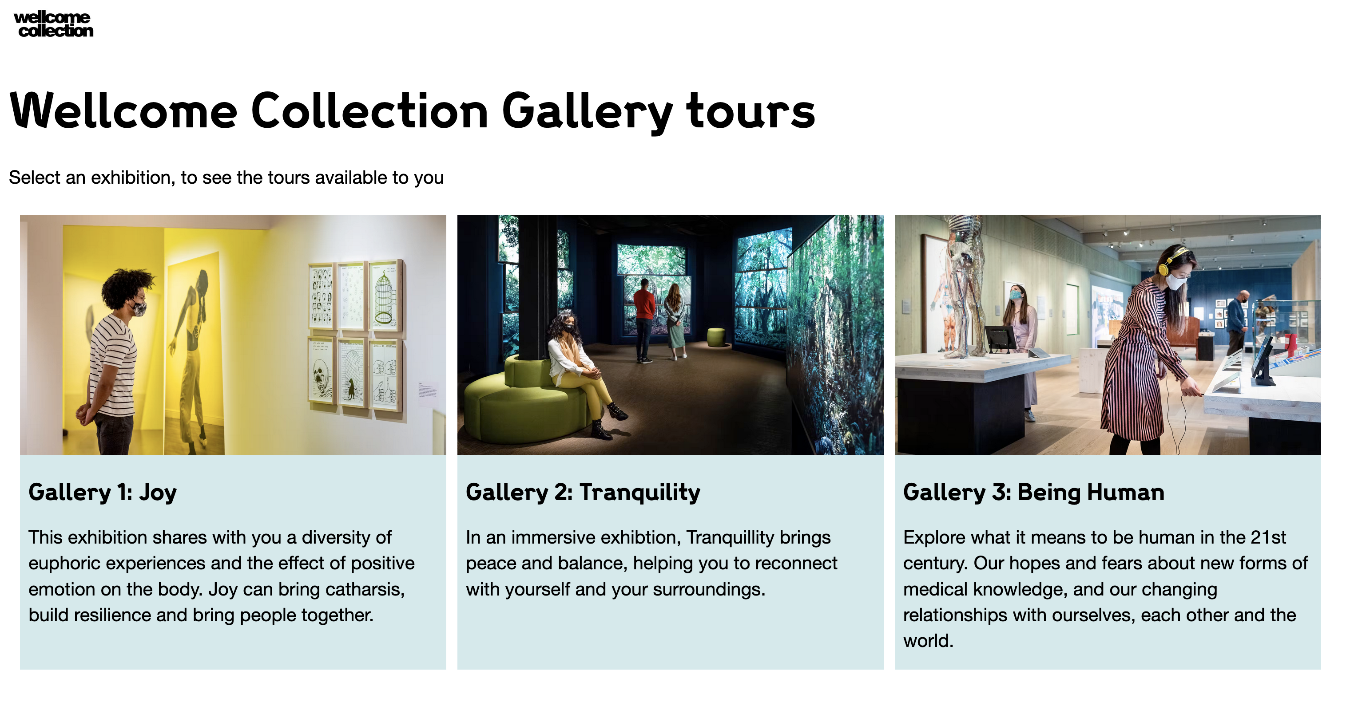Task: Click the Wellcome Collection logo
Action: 54,24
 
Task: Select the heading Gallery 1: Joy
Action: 102,492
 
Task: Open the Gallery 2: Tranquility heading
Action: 583,492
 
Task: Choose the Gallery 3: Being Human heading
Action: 1033,492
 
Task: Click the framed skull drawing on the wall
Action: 322,371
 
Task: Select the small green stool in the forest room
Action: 716,337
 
